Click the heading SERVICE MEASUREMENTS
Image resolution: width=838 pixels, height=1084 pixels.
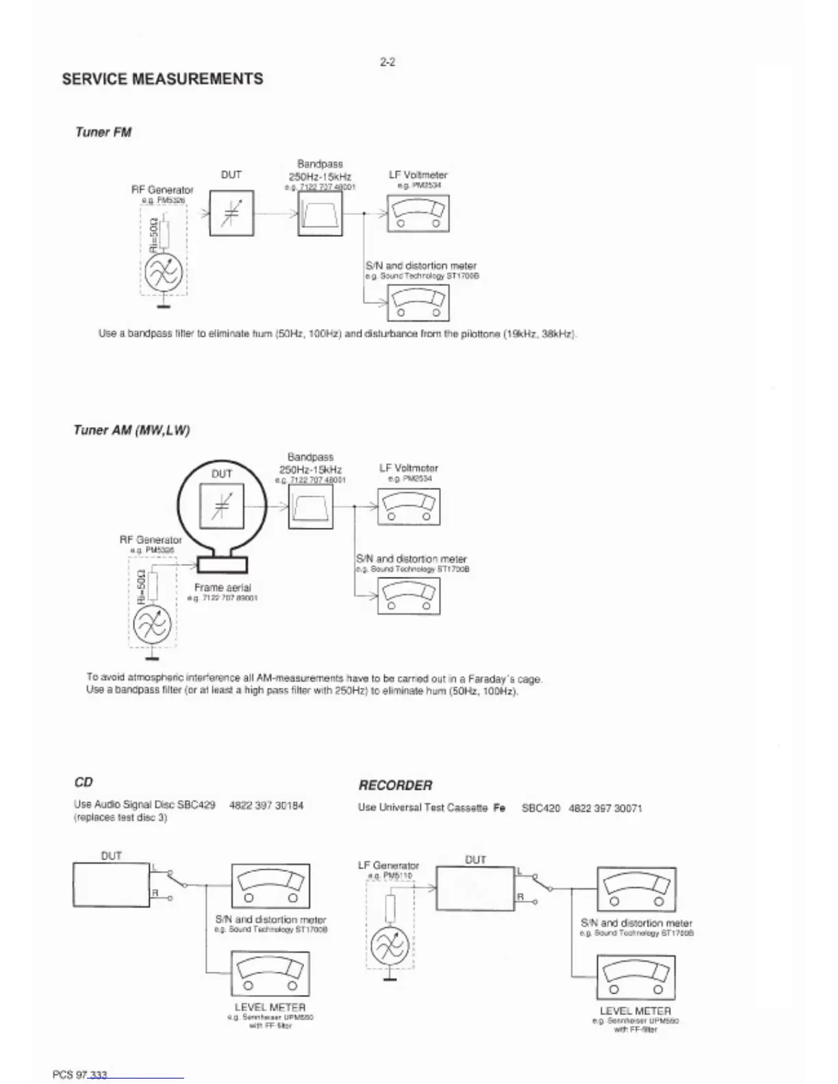(162, 79)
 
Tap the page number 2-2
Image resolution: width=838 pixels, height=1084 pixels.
(388, 62)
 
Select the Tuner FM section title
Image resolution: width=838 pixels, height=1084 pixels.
(103, 132)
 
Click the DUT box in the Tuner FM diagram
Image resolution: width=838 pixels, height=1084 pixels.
(231, 213)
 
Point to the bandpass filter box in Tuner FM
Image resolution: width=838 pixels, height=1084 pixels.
(320, 214)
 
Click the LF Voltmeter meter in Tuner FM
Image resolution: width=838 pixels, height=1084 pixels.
(418, 214)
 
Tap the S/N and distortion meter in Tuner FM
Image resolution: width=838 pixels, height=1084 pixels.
(418, 302)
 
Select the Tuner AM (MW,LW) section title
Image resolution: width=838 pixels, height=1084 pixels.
(131, 430)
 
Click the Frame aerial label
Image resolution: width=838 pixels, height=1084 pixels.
(223, 587)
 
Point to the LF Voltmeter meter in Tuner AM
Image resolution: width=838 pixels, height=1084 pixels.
(409, 507)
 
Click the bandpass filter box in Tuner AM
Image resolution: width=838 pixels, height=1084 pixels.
(310, 507)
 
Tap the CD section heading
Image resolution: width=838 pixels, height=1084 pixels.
(83, 782)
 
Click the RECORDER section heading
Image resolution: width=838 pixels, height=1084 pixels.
(395, 785)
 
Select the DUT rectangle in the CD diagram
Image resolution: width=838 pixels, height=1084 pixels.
(111, 884)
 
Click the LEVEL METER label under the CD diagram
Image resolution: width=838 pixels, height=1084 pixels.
(270, 1007)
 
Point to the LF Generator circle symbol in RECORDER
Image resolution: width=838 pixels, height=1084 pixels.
(390, 946)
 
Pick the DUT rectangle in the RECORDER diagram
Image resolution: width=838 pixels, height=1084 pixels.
(475, 888)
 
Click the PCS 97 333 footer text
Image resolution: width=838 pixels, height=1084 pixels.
(79, 1074)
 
